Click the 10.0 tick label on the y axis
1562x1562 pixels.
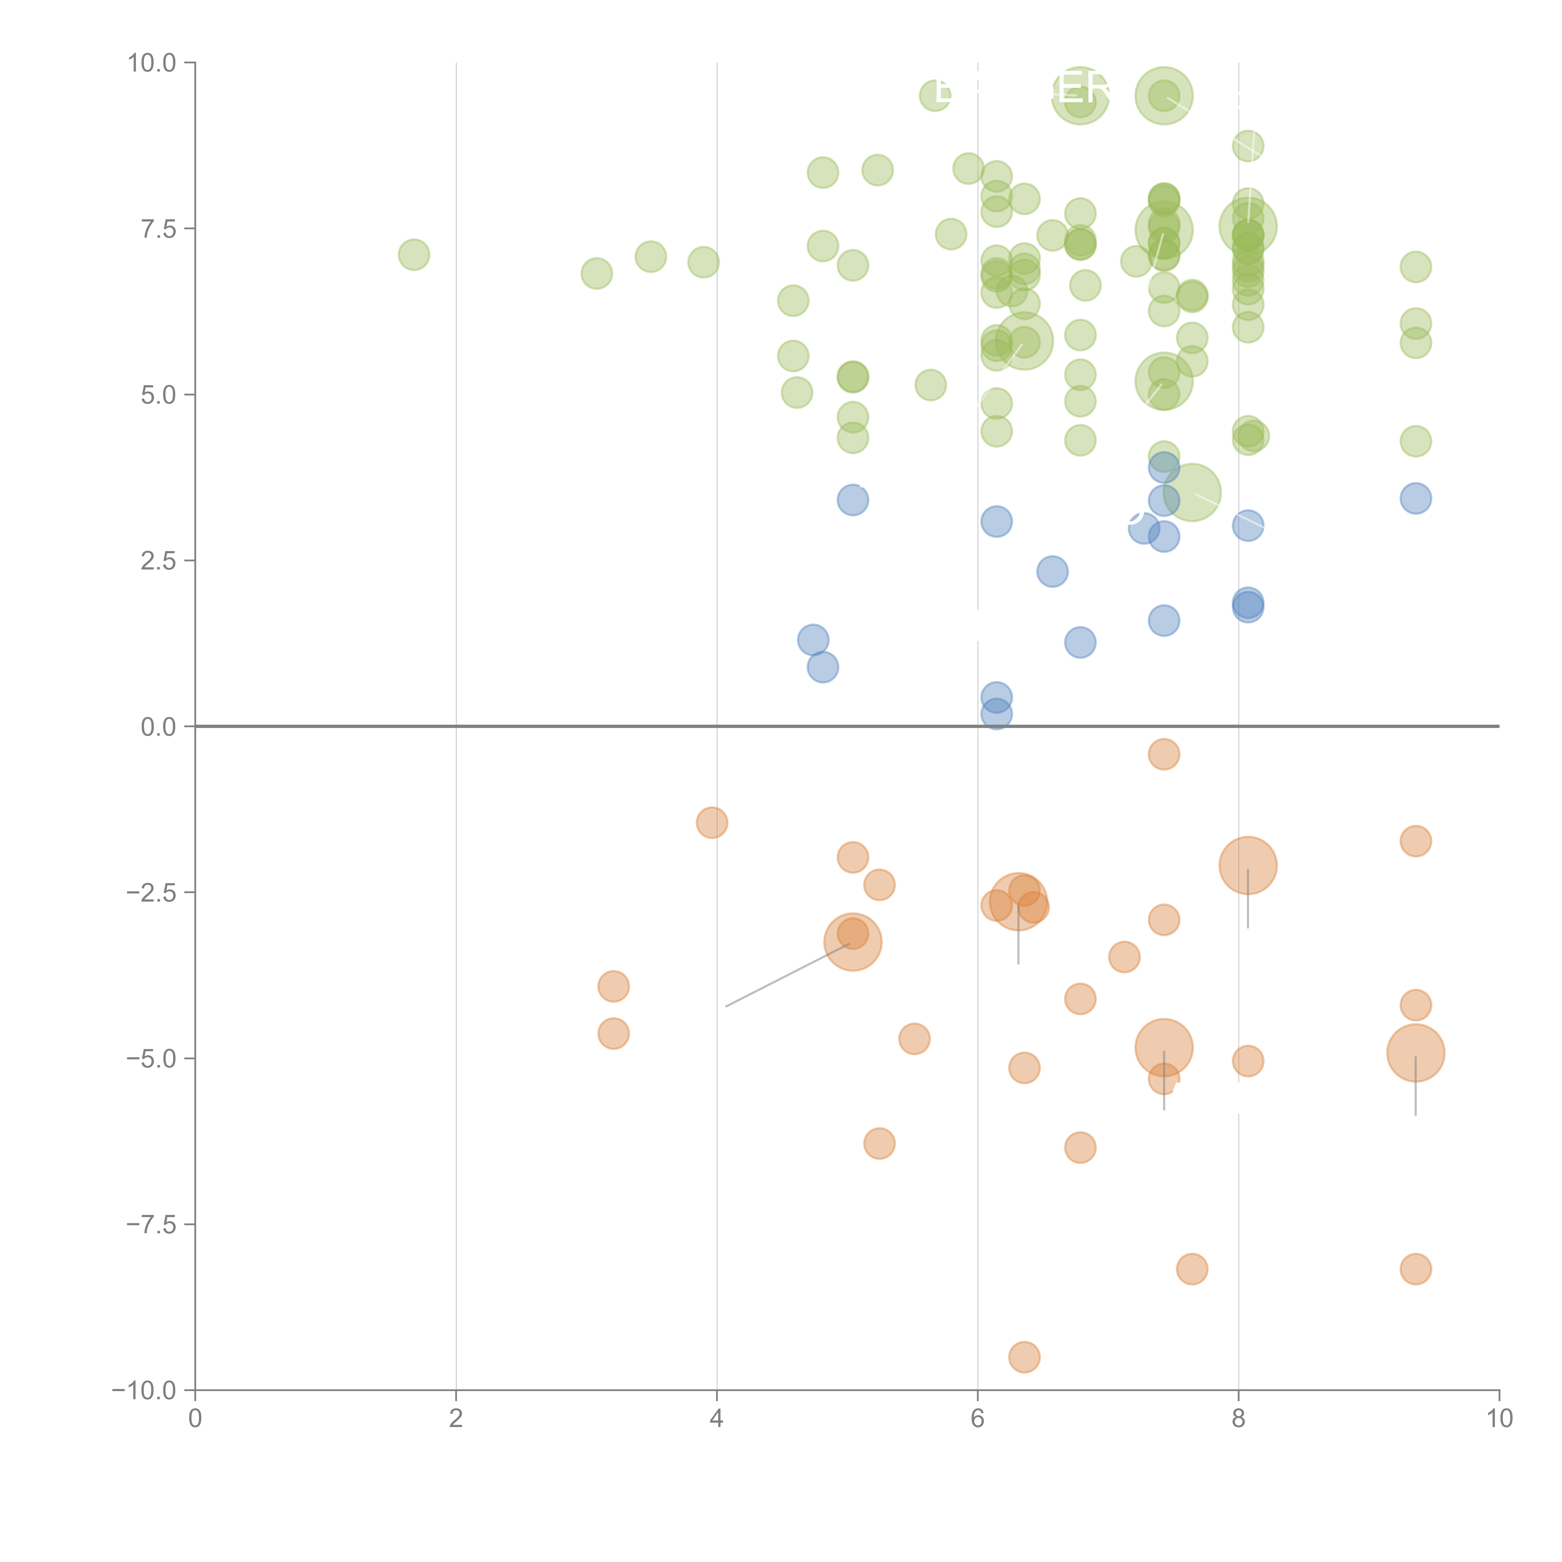pyautogui.click(x=152, y=63)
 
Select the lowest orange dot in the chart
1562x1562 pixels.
pyautogui.click(x=1024, y=1357)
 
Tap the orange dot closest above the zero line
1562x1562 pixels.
pyautogui.click(x=1163, y=754)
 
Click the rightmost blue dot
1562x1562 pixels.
pyautogui.click(x=1416, y=498)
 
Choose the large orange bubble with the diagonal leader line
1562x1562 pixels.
pyautogui.click(x=852, y=942)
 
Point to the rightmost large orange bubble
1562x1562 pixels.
pyautogui.click(x=1416, y=1053)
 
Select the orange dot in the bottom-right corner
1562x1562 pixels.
pyautogui.click(x=1416, y=1269)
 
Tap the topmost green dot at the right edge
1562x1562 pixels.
pyautogui.click(x=1416, y=267)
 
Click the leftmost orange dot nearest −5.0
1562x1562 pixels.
pyautogui.click(x=614, y=1033)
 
